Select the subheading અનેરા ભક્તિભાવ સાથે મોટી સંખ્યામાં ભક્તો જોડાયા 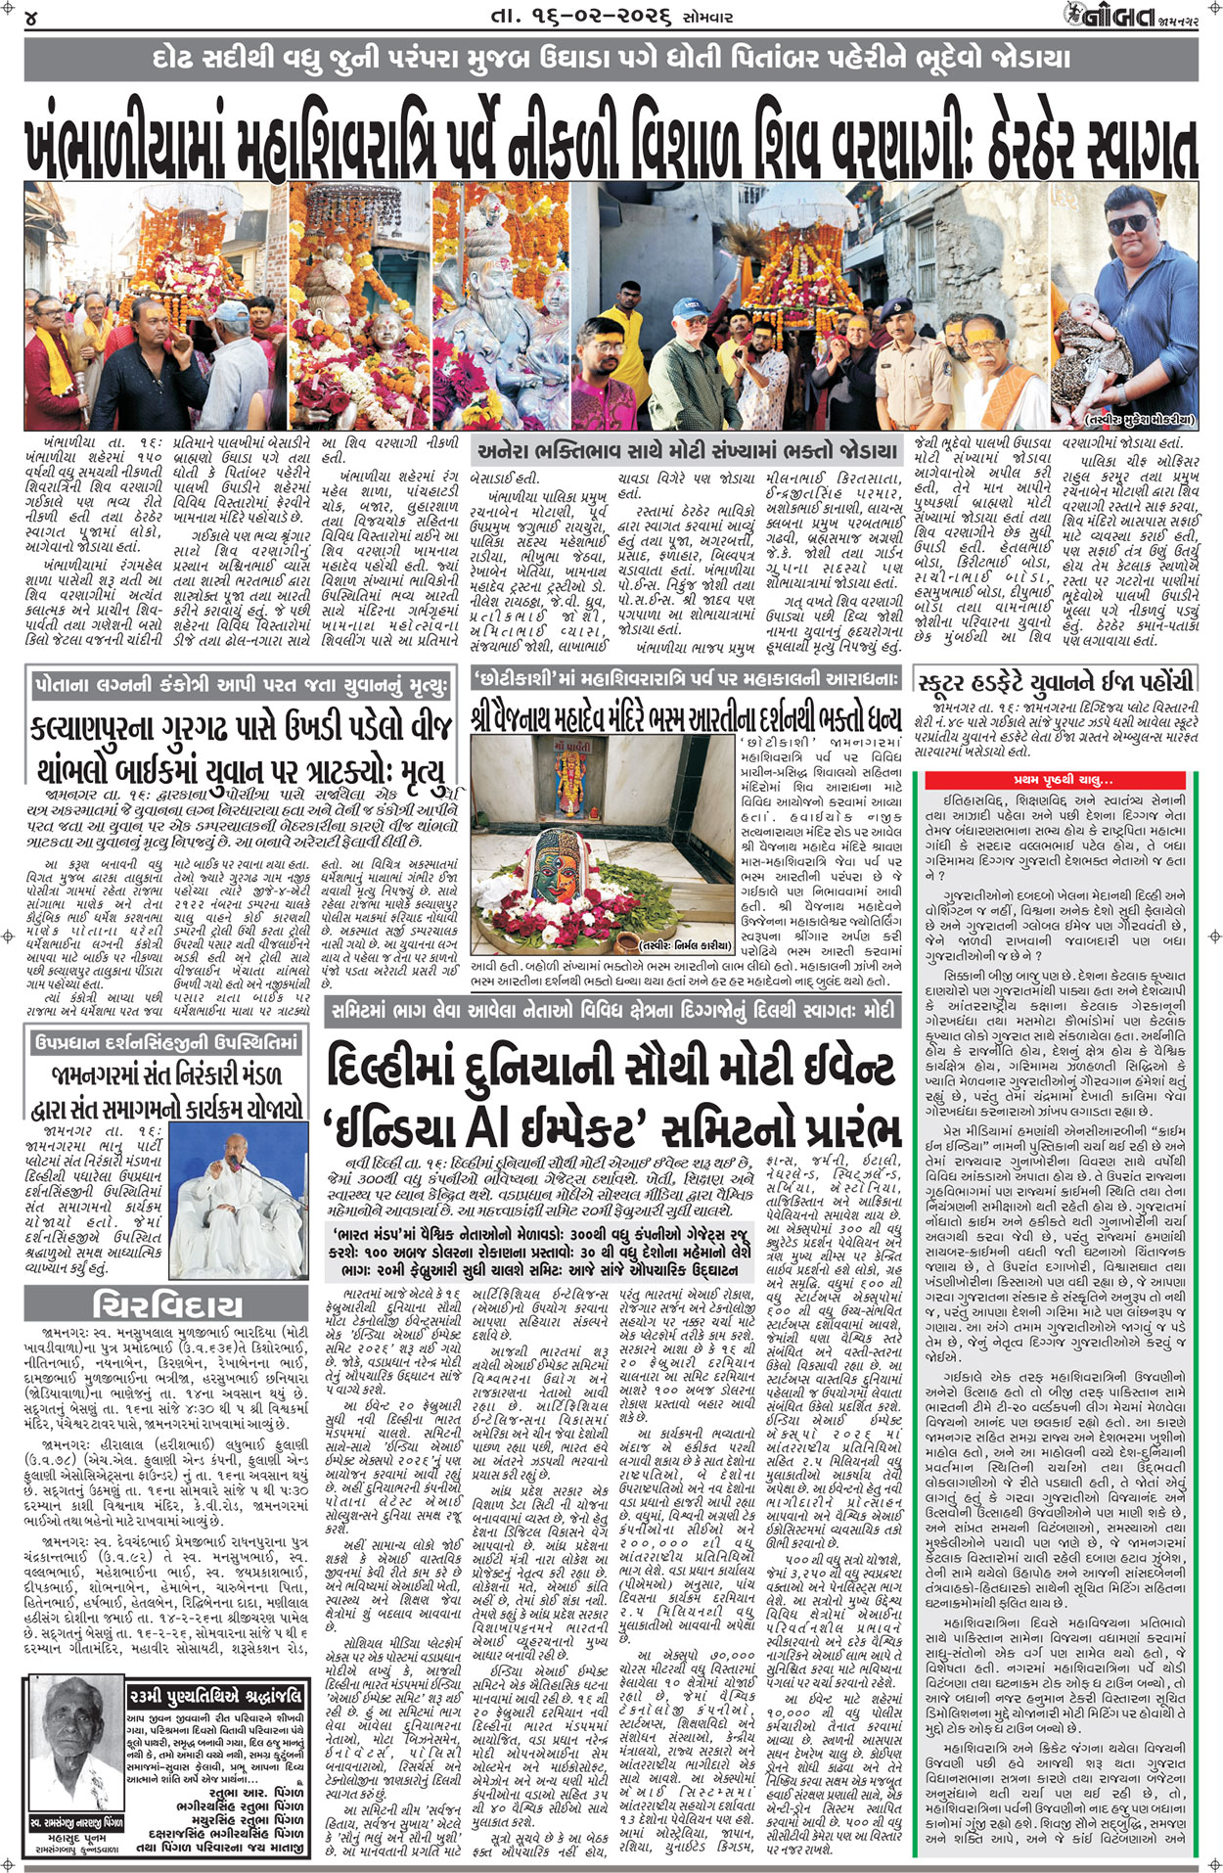point(686,452)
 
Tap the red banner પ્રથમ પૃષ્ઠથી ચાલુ point(1062,780)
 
